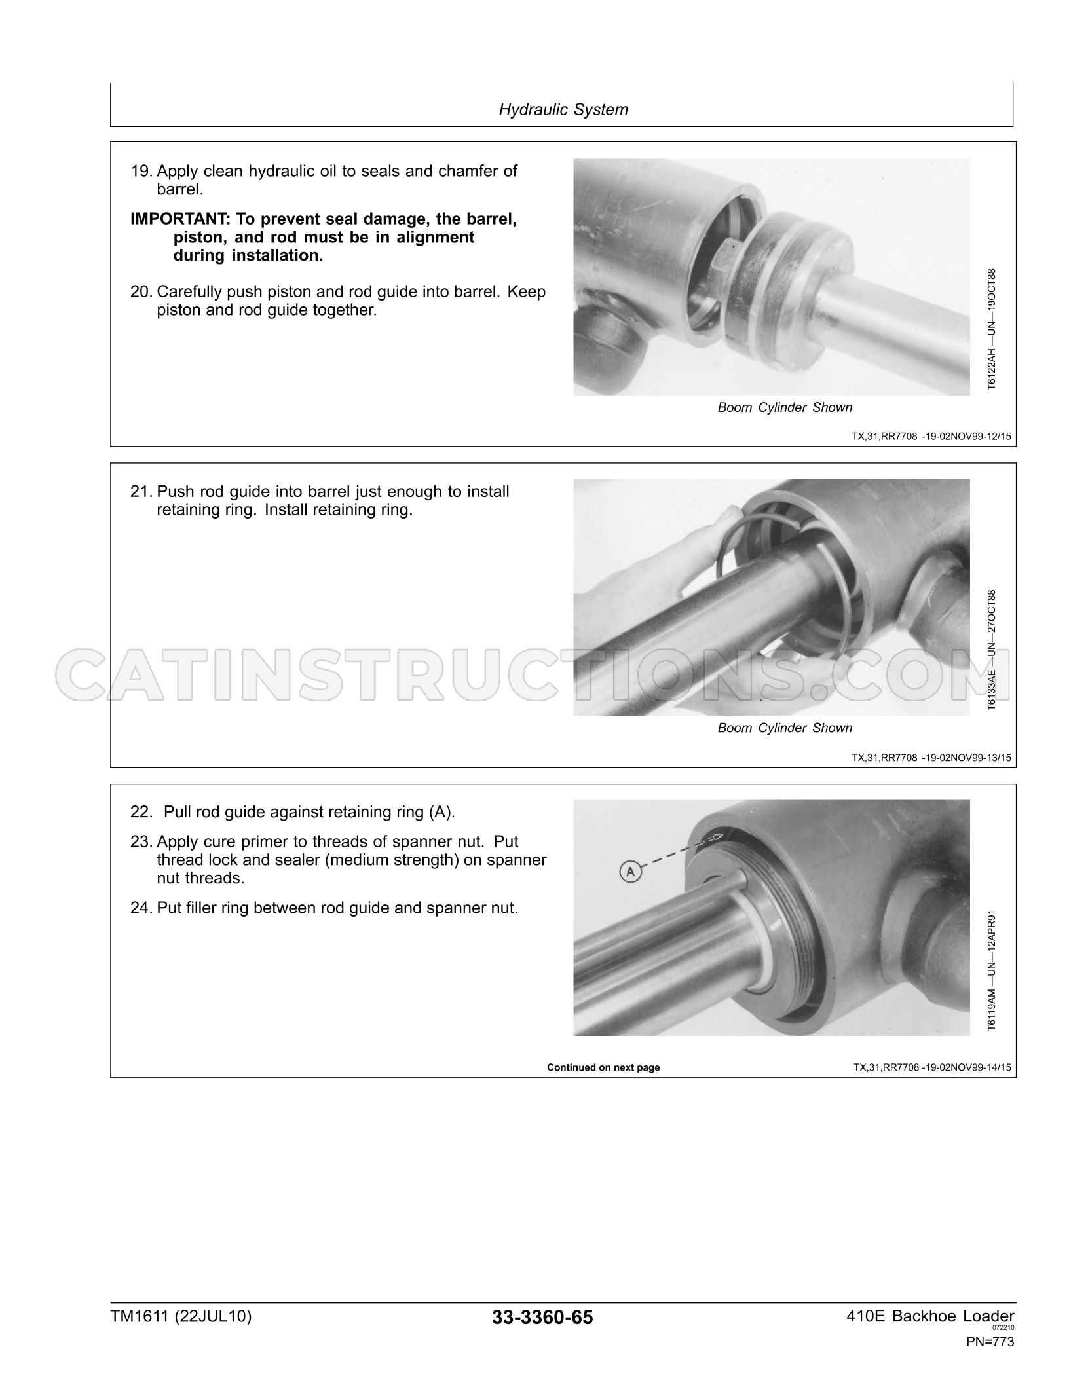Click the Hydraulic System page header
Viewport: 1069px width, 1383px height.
point(563,109)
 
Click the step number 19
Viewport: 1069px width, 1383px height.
point(141,172)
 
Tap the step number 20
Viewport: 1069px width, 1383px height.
point(141,292)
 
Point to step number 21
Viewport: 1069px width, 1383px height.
point(141,492)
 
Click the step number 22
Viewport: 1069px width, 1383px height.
point(141,813)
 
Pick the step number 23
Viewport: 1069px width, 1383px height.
point(141,842)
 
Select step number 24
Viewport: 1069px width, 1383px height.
point(141,908)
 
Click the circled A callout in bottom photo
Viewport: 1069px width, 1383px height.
point(629,871)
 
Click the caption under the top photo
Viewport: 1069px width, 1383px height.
point(785,408)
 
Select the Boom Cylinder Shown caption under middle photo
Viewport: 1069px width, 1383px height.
point(785,728)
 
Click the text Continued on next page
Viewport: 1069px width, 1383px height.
point(603,1067)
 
